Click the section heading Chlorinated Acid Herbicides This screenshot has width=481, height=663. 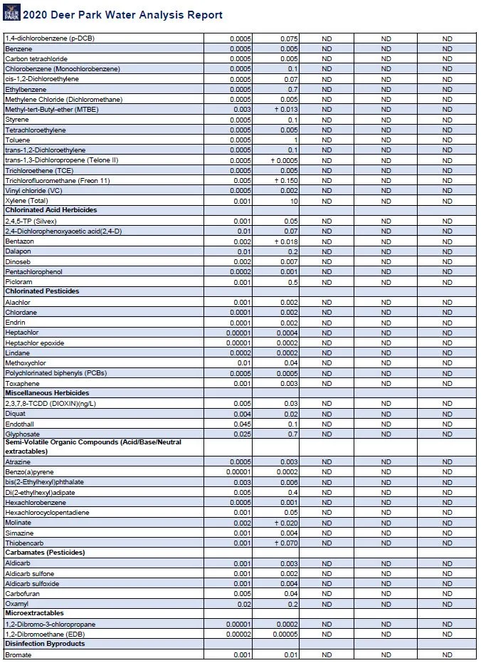click(51, 211)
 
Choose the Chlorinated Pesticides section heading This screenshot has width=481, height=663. click(42, 292)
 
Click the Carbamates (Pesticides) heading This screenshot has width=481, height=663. click(45, 553)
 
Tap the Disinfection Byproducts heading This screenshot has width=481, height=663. click(45, 644)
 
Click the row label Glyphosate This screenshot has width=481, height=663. click(22, 434)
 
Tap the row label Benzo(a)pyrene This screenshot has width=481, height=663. click(29, 472)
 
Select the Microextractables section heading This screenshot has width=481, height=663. click(34, 613)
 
